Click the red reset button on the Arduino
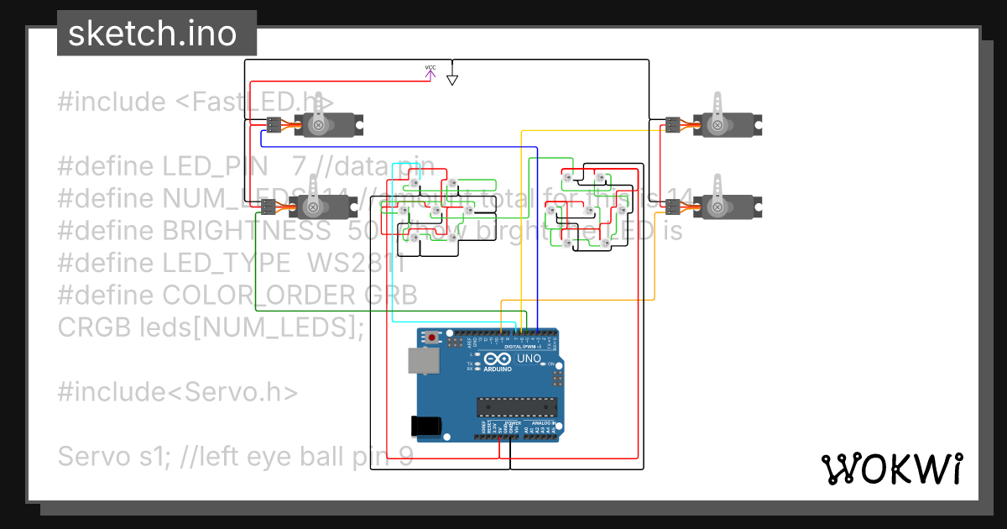pyautogui.click(x=432, y=338)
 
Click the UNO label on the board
pyautogui.click(x=529, y=359)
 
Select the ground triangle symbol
pyautogui.click(x=452, y=80)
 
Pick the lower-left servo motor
pyautogui.click(x=324, y=205)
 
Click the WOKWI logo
pyautogui.click(x=891, y=469)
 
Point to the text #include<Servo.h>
pyautogui.click(x=178, y=391)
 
